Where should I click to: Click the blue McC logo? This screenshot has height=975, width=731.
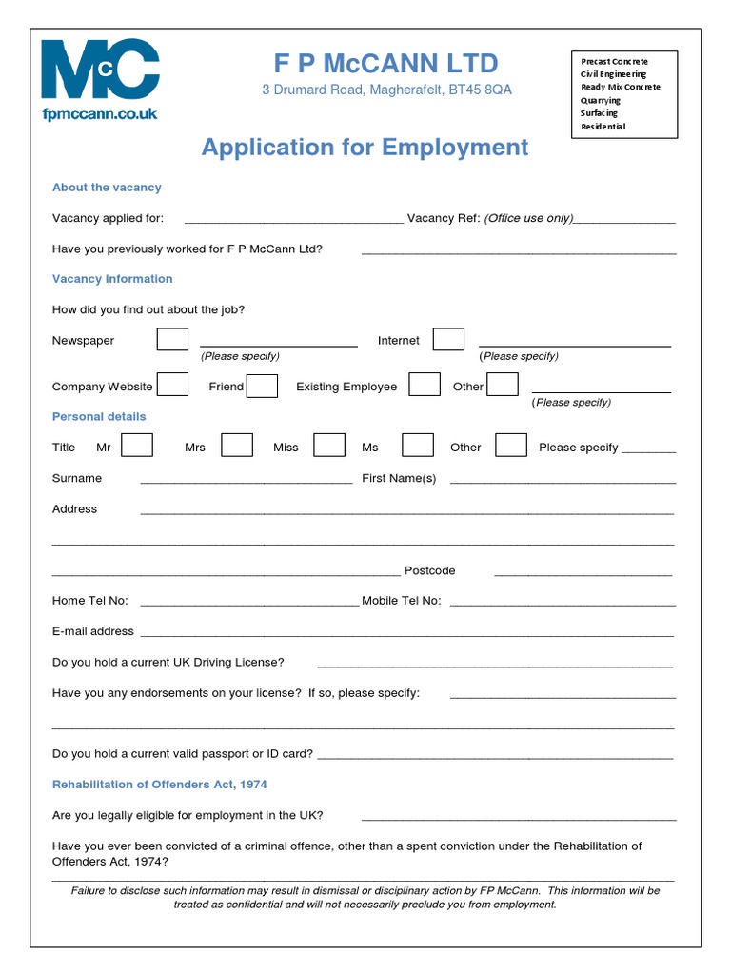point(100,70)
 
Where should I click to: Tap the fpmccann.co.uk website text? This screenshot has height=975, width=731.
point(100,114)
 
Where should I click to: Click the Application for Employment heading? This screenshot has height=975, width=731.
point(365,148)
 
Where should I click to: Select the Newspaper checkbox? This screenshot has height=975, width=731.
point(172,340)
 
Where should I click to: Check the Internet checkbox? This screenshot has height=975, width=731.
point(448,340)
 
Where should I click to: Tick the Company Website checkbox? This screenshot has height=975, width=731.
point(172,386)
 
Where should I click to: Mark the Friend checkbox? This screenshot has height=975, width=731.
point(262,386)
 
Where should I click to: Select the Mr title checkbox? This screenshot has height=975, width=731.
point(137,446)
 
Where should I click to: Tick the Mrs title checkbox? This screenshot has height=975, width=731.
point(237,446)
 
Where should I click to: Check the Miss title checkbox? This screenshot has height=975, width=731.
point(329,446)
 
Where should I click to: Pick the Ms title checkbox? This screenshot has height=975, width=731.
point(418,446)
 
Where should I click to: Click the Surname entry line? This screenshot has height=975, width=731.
point(246,481)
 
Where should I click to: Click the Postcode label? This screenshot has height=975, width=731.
point(429,571)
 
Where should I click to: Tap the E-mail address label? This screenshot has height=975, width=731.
point(93,631)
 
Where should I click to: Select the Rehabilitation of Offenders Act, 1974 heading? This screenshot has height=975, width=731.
point(160,785)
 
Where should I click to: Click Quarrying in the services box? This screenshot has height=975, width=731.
point(601,100)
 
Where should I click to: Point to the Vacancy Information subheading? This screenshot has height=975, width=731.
point(112,279)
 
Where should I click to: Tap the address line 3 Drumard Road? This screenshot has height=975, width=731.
point(386,90)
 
